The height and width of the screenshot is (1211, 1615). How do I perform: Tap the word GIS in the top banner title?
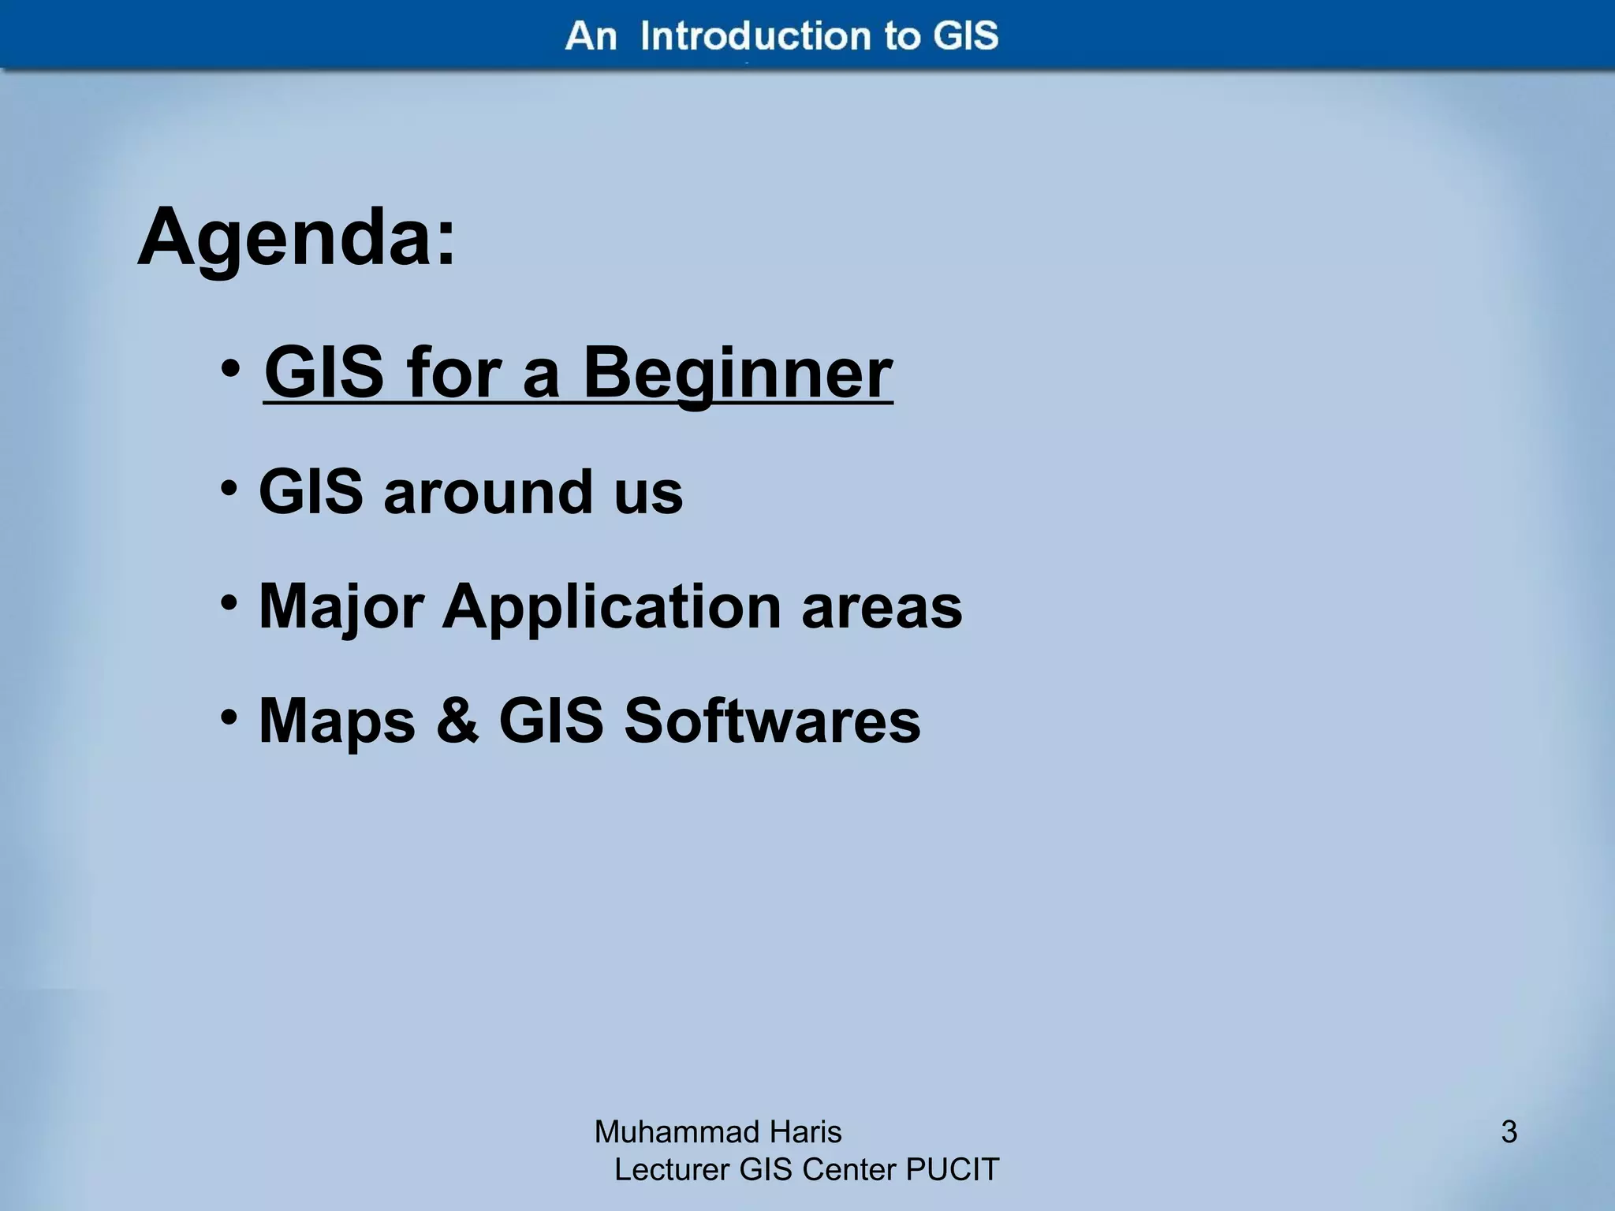click(x=965, y=36)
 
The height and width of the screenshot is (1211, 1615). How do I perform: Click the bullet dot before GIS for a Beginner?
click(x=229, y=369)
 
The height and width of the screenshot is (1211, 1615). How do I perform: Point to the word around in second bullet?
click(x=488, y=493)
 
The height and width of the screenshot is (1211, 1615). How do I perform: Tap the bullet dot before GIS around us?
click(x=229, y=489)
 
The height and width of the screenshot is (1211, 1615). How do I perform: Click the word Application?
click(x=612, y=607)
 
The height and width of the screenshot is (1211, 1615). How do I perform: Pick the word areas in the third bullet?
click(x=882, y=607)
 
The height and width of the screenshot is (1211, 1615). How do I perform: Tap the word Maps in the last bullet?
click(x=337, y=722)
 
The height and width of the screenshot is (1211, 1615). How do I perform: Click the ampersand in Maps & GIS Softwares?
click(x=457, y=721)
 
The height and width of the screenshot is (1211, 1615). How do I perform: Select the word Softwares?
click(x=772, y=721)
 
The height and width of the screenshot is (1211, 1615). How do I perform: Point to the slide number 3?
click(x=1509, y=1132)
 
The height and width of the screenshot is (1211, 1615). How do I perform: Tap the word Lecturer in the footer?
click(x=672, y=1170)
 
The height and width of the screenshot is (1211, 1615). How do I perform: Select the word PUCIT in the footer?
click(x=952, y=1170)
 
